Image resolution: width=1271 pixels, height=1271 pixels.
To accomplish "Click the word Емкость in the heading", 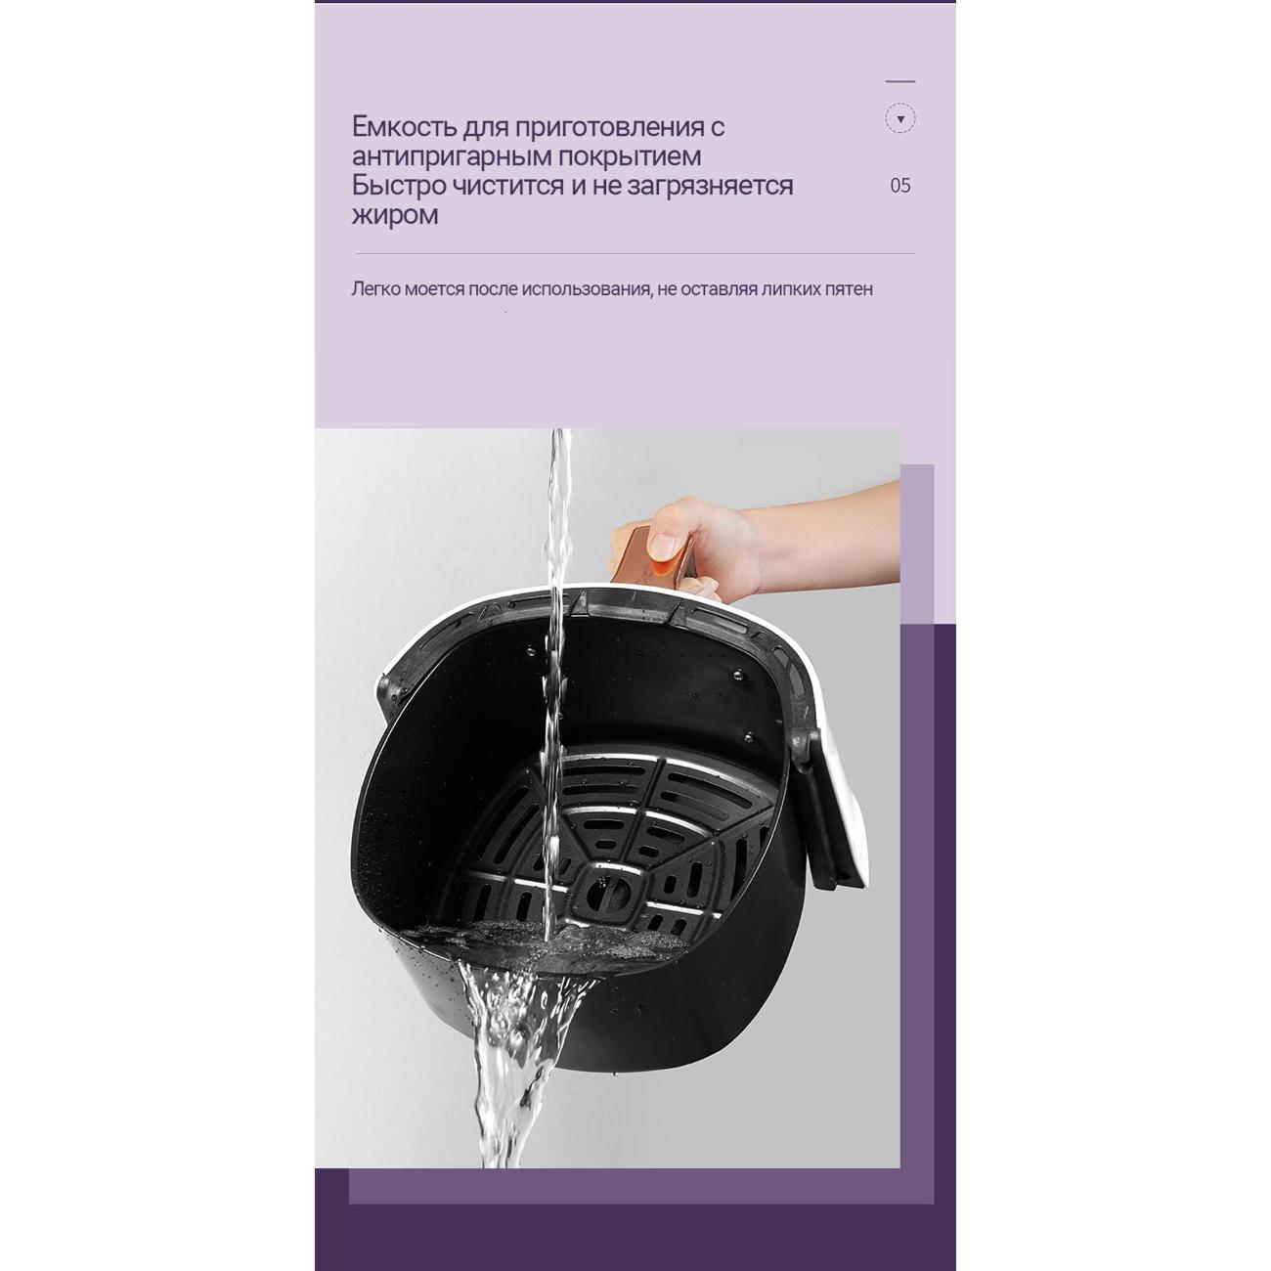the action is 403,126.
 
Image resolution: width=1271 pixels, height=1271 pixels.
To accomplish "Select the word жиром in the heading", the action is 394,215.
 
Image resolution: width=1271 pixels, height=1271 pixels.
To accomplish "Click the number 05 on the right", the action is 900,186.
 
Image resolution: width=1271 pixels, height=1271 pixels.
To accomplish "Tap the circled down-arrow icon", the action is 900,119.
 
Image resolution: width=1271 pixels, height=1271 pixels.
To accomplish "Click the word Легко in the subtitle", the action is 375,288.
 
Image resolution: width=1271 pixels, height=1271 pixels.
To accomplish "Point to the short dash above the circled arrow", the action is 900,81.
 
